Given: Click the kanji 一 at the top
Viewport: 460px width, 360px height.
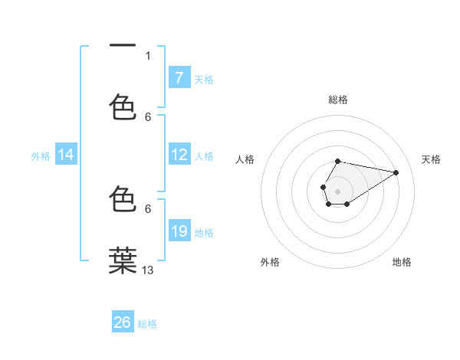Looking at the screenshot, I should (123, 47).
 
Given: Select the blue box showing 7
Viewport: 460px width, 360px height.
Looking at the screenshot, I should (179, 78).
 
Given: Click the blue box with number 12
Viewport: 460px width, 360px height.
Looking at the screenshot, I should (179, 155).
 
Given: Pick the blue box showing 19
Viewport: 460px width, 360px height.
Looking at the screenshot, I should (179, 231).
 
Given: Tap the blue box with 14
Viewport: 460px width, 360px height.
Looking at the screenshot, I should (66, 155).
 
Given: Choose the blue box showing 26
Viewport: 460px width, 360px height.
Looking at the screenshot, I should (123, 322).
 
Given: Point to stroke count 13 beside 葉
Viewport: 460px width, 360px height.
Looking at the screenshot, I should (148, 270).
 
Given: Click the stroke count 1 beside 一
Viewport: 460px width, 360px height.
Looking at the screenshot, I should (148, 55).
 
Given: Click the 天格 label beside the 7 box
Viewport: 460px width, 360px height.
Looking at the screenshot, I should (204, 79).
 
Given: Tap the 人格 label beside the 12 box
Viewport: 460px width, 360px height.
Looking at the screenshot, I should (204, 155).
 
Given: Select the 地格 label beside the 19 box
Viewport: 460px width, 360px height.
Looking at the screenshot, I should (204, 232).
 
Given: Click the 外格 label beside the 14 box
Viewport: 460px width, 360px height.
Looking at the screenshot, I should (41, 155).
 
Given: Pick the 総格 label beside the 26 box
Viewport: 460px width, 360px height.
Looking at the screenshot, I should (147, 323).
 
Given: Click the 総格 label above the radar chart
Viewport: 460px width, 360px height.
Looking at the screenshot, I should (337, 100).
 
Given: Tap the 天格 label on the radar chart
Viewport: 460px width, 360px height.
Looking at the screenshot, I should (431, 159).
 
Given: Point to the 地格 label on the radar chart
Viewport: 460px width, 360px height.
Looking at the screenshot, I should (402, 262).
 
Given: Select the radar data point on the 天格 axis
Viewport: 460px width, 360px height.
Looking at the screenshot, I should (396, 172).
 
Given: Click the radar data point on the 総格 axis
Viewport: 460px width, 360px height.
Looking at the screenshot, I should (337, 162).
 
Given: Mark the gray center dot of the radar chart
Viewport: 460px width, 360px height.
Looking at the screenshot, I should (337, 190).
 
